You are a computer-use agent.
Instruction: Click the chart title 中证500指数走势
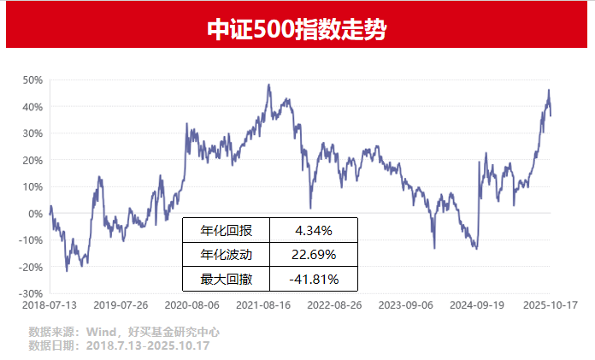297,30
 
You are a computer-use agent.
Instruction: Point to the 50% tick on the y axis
33,80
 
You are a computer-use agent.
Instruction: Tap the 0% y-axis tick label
37,214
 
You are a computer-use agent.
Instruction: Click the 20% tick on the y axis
33,160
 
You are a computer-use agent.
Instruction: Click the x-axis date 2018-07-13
50,304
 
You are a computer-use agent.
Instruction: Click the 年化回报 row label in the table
226,231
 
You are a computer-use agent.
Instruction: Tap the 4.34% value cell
313,231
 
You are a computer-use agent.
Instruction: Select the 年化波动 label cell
226,255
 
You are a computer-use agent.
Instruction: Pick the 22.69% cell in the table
313,255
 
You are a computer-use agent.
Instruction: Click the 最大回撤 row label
226,279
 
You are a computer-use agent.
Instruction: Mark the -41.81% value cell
313,279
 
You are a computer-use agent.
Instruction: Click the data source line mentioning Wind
124,332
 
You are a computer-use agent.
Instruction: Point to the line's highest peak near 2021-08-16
268,85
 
